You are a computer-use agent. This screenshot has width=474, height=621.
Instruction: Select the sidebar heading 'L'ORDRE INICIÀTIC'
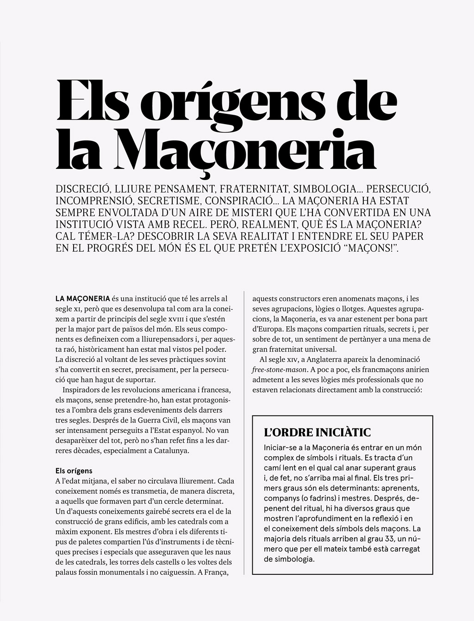click(x=317, y=433)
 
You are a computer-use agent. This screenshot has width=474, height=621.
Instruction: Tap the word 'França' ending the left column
click(x=218, y=572)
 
